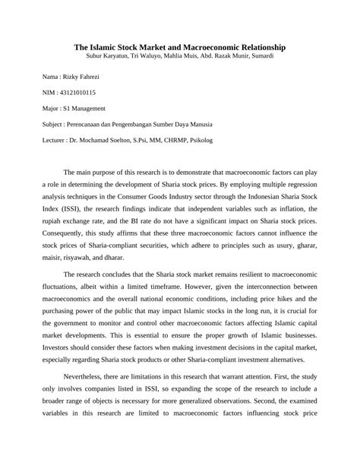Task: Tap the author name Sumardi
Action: [x=258, y=56]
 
